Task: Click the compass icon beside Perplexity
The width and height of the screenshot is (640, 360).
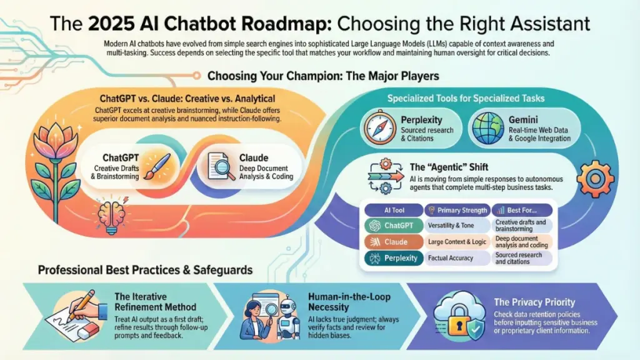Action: pyautogui.click(x=380, y=127)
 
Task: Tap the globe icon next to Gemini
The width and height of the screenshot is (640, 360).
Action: pyautogui.click(x=487, y=128)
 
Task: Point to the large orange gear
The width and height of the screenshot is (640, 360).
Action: pyautogui.click(x=595, y=179)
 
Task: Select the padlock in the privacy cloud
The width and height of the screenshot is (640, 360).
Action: pyautogui.click(x=459, y=322)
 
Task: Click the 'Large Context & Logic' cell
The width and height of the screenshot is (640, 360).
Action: pyautogui.click(x=457, y=242)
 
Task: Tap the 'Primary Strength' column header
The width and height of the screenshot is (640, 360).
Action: pyautogui.click(x=457, y=210)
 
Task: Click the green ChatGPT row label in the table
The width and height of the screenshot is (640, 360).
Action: pyautogui.click(x=394, y=225)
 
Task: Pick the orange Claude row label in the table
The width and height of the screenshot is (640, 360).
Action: pyautogui.click(x=394, y=242)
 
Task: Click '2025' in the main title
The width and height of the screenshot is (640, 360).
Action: pyautogui.click(x=111, y=24)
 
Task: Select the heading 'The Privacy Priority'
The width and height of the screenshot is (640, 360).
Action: pyautogui.click(x=534, y=302)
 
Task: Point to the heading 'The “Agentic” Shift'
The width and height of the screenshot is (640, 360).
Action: pyautogui.click(x=449, y=167)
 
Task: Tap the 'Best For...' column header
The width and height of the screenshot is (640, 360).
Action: pyautogui.click(x=522, y=210)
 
